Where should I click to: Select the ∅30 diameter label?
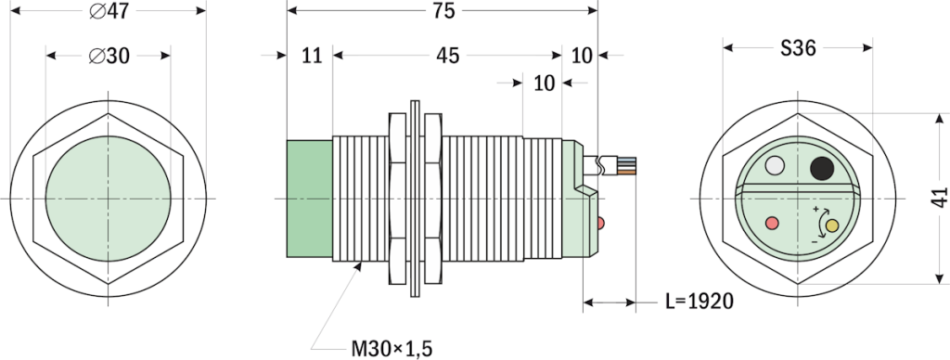point(109,56)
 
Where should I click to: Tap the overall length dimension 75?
point(443,11)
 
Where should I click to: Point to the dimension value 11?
point(311,56)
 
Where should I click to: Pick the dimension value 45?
point(448,56)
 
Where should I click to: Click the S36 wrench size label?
point(797,49)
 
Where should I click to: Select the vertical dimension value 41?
point(938,198)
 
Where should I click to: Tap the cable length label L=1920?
point(700,302)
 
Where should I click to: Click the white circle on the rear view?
point(776,167)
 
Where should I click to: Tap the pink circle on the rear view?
point(771,223)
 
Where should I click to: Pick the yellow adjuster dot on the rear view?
point(831,225)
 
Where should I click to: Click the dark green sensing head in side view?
point(309,198)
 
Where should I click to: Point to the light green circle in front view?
point(109,198)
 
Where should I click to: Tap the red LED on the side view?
point(602,223)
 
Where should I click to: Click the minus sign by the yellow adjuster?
point(815,240)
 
